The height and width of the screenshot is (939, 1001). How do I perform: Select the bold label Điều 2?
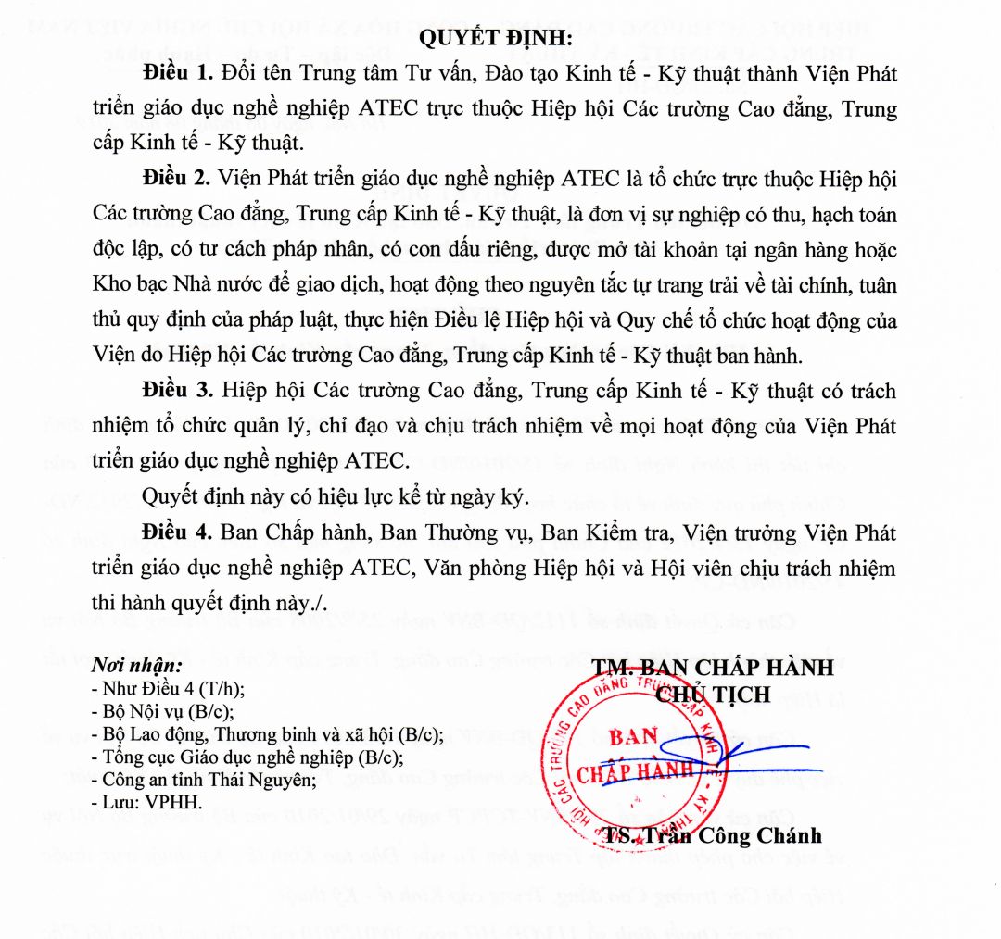(x=177, y=178)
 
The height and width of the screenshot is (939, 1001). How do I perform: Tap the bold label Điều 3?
(x=177, y=390)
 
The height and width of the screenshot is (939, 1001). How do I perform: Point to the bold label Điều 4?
(x=177, y=532)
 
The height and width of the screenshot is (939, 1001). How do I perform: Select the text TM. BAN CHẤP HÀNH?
(x=714, y=667)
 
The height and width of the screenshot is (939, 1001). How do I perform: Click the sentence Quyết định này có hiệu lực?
(x=335, y=497)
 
